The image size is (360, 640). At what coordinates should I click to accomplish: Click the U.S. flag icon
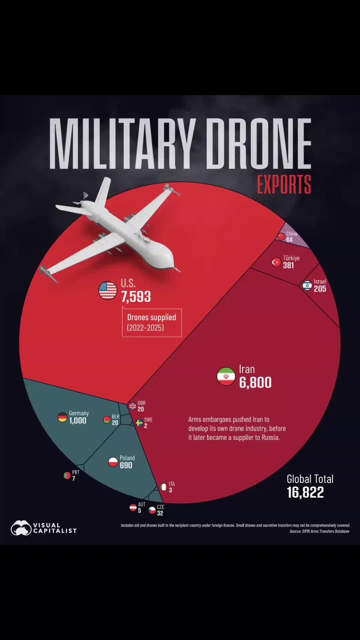click(x=108, y=290)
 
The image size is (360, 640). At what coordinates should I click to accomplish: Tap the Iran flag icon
click(x=226, y=376)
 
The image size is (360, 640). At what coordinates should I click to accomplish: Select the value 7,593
click(x=136, y=297)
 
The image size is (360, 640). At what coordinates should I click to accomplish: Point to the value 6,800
click(x=255, y=382)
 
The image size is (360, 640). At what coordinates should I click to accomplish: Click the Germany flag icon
click(x=62, y=417)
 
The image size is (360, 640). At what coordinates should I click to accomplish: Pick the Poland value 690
click(x=126, y=465)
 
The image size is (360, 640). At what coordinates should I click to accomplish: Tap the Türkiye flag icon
click(x=276, y=262)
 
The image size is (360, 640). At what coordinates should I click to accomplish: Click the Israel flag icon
click(x=307, y=286)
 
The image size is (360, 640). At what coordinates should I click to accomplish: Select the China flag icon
click(x=282, y=237)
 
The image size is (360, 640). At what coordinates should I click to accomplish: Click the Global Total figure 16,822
click(x=305, y=492)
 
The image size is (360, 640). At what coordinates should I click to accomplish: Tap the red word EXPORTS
click(x=284, y=184)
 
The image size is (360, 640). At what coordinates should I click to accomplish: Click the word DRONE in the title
click(x=259, y=143)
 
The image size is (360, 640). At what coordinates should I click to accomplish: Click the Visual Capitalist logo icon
click(x=21, y=528)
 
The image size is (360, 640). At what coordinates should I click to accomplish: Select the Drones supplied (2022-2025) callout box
click(x=152, y=322)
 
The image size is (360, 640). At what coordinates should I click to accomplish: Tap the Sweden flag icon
click(x=139, y=423)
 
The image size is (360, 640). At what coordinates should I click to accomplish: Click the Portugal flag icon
click(x=67, y=475)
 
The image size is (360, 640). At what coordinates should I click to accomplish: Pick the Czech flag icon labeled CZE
click(x=152, y=510)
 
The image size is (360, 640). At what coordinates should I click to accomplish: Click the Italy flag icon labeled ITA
click(x=164, y=487)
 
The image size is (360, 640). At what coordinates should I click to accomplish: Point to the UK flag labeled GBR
click(x=133, y=406)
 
